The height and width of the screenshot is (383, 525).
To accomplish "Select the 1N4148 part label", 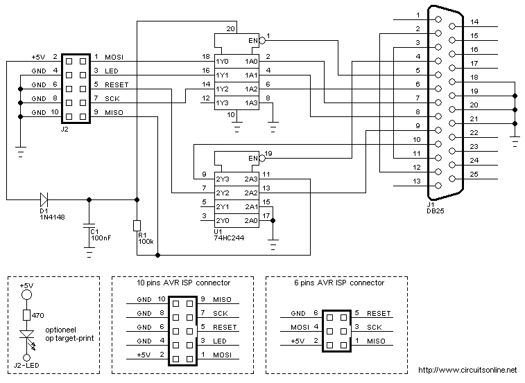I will click(x=53, y=216).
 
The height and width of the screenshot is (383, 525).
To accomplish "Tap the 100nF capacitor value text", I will click(x=101, y=238).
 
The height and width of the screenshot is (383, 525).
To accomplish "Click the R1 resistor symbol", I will click(x=137, y=225).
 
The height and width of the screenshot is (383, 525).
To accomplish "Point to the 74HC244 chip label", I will click(x=231, y=238).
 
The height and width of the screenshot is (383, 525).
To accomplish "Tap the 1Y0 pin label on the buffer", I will click(x=222, y=61).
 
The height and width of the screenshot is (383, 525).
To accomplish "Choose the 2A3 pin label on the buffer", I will click(x=251, y=178).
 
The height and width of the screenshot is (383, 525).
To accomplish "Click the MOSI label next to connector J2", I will click(x=114, y=57).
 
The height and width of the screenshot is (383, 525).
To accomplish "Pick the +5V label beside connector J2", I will click(x=39, y=57).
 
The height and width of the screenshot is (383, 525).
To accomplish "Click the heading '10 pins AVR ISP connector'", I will click(x=184, y=283).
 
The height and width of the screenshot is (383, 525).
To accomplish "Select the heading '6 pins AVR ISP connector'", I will click(x=338, y=283).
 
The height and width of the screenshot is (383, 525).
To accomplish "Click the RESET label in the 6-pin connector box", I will click(x=379, y=313).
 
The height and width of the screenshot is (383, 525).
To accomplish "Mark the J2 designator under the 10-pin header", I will click(x=65, y=128).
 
